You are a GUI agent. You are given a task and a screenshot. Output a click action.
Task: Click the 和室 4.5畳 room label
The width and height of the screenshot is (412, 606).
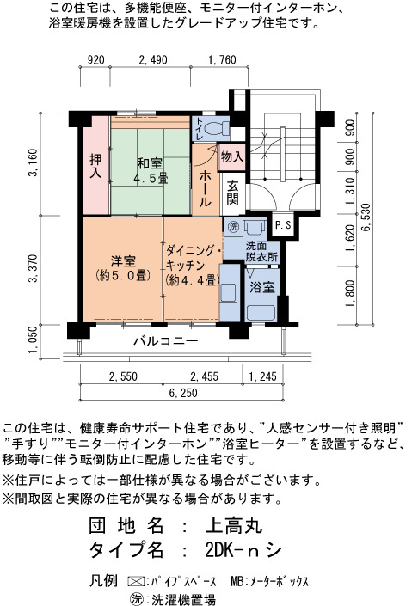point(151,170)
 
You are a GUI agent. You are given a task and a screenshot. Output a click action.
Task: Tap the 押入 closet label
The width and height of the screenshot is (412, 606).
point(95,165)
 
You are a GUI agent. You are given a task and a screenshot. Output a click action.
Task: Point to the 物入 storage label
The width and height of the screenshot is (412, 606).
point(231,157)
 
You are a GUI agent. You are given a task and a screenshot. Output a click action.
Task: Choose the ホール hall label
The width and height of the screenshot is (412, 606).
point(205,188)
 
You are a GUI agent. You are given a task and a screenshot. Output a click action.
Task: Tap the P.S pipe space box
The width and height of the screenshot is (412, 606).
point(283,225)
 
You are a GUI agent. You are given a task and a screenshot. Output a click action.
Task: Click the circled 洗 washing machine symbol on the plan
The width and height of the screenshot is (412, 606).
point(233,226)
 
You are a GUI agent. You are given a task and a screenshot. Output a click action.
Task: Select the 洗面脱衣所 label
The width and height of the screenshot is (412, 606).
point(261,252)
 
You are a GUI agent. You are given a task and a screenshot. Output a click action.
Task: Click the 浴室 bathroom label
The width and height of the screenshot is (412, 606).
point(261,287)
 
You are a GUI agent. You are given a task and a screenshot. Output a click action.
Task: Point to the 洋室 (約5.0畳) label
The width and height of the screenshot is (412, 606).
point(123,268)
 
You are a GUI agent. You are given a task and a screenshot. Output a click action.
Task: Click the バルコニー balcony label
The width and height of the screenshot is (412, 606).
point(166,341)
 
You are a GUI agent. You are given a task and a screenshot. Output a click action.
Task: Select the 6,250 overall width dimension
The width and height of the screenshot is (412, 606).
point(183,393)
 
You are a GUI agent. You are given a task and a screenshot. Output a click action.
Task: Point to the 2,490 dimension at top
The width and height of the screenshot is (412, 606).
point(153,60)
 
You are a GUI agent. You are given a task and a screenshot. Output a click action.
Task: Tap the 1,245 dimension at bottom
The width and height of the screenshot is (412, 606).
point(262,376)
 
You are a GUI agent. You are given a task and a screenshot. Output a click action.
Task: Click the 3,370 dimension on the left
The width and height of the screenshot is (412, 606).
point(34,268)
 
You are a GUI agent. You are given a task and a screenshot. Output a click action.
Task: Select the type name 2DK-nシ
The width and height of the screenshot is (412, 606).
point(243,550)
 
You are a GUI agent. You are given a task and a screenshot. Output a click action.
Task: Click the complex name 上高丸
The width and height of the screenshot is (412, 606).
point(234,525)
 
